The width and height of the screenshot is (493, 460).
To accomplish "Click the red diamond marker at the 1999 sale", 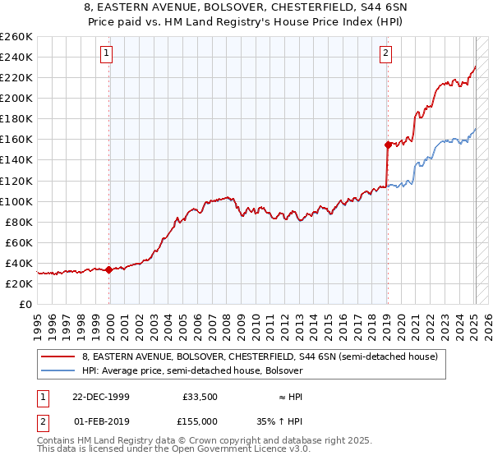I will tap(109, 269).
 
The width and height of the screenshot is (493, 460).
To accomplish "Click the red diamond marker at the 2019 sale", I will tap(387, 144).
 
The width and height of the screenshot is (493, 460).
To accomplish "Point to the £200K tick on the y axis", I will tap(18, 98).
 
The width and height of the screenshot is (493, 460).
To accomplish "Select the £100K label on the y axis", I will tap(18, 201).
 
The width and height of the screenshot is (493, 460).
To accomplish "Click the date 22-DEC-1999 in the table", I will tap(101, 397).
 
